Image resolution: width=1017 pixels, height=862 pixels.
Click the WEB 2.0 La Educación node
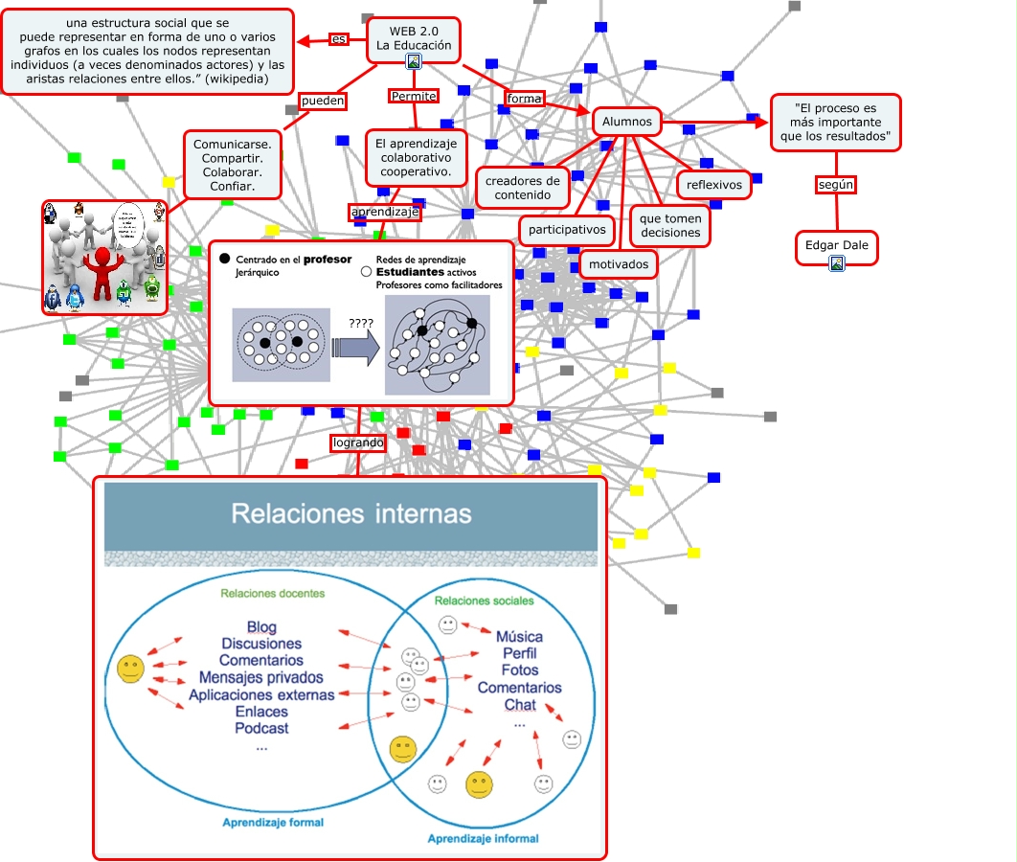(413, 39)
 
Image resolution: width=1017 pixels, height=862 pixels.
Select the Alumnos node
(627, 122)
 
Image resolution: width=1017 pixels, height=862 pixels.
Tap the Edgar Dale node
(836, 245)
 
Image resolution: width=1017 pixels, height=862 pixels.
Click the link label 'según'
(835, 185)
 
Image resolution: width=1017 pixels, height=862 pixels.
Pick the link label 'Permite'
(414, 96)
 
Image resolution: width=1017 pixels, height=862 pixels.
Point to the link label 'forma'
(524, 99)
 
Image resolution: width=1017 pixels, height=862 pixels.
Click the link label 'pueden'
(322, 100)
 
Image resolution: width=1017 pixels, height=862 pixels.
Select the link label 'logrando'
(358, 443)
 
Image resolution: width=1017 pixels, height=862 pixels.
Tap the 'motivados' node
(619, 264)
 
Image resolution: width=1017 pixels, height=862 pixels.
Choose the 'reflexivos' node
(714, 185)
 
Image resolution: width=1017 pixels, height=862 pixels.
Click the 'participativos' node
(567, 230)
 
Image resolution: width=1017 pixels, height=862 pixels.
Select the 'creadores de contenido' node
(523, 188)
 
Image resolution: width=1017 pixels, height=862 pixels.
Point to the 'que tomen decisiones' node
(670, 226)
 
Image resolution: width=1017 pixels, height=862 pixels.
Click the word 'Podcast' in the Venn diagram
(261, 728)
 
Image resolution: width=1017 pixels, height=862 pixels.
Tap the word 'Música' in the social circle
(519, 637)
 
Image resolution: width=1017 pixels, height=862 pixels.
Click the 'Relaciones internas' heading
(350, 514)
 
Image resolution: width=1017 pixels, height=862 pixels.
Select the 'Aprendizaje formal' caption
(273, 822)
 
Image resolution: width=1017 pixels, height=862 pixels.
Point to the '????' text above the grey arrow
(360, 324)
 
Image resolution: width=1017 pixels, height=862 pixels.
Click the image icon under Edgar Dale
(837, 262)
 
